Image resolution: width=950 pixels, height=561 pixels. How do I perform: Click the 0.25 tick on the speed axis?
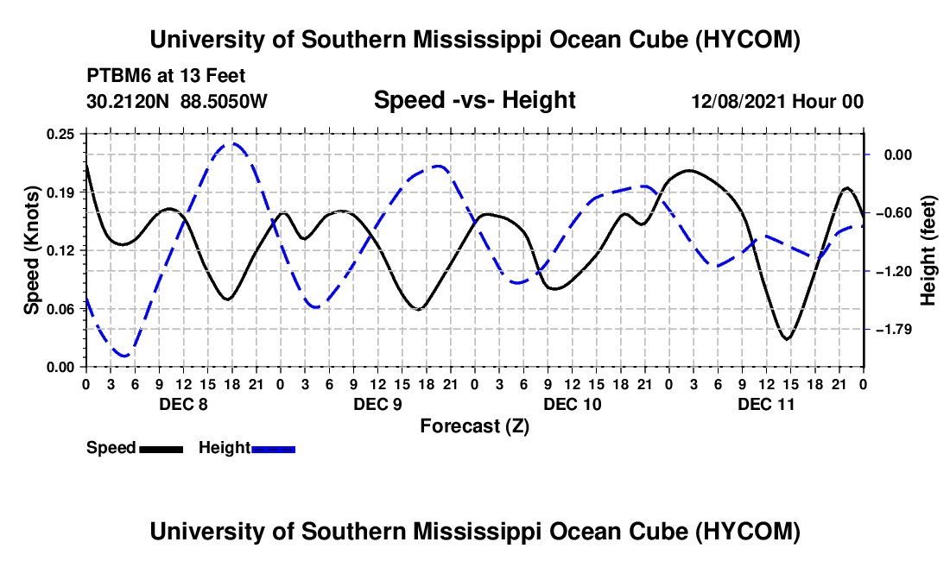coord(60,134)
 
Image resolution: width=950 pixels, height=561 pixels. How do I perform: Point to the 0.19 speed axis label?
coord(60,192)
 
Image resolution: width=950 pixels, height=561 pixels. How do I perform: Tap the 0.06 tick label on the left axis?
coord(60,309)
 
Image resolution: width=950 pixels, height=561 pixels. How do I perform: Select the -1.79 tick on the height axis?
coord(894,329)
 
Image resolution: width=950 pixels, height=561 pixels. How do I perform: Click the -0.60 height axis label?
coord(894,213)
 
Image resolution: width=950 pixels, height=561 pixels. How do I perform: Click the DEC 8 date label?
coord(184,404)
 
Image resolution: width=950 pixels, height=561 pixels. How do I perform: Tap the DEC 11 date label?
coord(766,404)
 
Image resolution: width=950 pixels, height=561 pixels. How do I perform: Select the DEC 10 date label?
coord(573,404)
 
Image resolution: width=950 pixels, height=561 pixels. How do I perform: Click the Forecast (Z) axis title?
coord(475,426)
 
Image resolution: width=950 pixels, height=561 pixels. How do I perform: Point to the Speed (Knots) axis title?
coord(31,250)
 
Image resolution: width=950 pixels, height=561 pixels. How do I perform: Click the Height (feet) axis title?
coord(928,250)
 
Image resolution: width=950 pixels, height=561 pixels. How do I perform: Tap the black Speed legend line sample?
coord(161,449)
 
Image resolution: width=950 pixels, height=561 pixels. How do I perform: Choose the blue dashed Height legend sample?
coord(273,449)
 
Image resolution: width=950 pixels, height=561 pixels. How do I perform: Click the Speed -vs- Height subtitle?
coord(475,100)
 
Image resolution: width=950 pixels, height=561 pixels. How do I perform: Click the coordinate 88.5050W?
coord(224,101)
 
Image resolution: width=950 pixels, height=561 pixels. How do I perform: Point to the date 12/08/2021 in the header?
coord(739,101)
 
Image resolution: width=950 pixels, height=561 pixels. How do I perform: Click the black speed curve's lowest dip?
coord(787,339)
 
